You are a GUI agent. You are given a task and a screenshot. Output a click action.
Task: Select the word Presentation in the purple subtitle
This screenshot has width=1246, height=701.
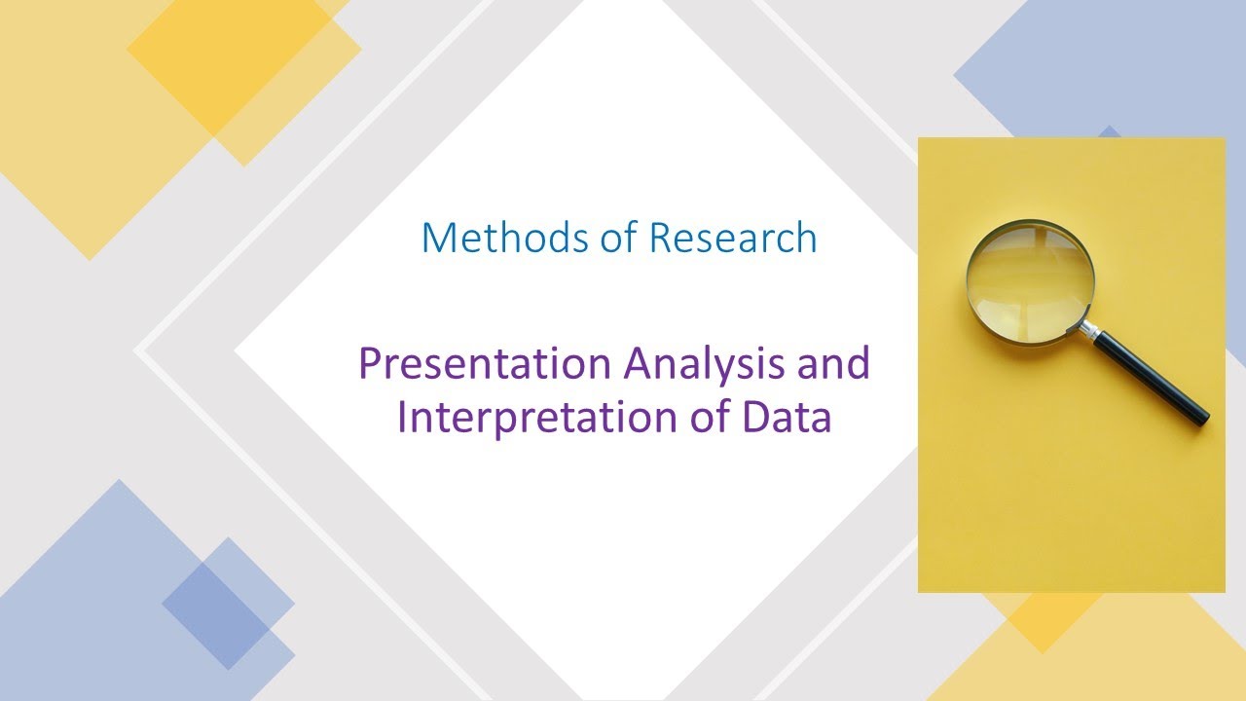click(484, 364)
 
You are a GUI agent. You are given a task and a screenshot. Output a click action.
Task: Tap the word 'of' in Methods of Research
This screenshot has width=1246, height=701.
click(623, 238)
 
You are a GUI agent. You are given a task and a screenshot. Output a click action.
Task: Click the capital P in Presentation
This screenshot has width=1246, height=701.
click(371, 364)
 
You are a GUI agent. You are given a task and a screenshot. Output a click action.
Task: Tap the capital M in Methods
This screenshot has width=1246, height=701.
click(439, 238)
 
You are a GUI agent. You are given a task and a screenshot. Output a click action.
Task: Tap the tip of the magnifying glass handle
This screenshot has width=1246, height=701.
click(1203, 418)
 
